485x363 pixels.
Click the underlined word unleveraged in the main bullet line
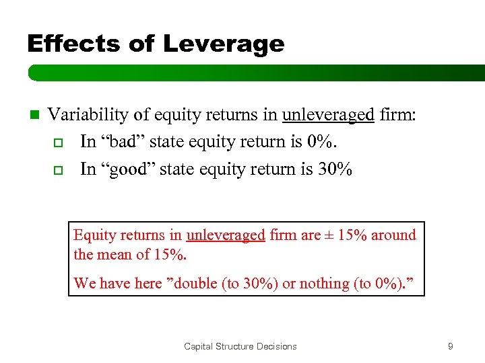tap(328, 115)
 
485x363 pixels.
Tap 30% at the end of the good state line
tap(335, 169)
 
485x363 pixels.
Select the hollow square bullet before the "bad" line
tap(57, 143)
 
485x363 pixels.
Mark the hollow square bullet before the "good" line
tap(57, 169)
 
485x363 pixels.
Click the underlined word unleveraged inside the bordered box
tap(226, 235)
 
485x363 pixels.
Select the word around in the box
tap(391, 235)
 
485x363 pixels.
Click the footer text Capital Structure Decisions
tap(240, 346)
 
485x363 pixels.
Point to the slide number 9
tap(450, 346)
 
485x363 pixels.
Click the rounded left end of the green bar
tap(32, 73)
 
